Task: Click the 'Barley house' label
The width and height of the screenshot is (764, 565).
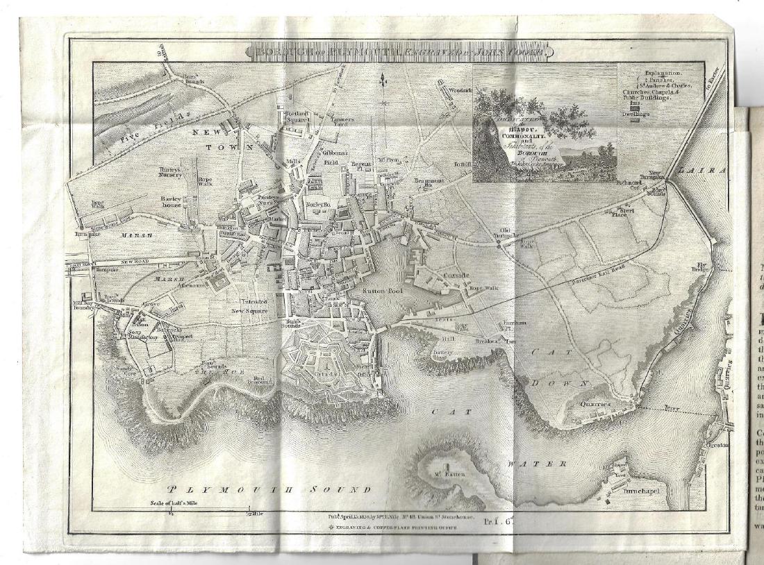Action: coord(166,203)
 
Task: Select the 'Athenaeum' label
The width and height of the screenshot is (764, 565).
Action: coord(188,285)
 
